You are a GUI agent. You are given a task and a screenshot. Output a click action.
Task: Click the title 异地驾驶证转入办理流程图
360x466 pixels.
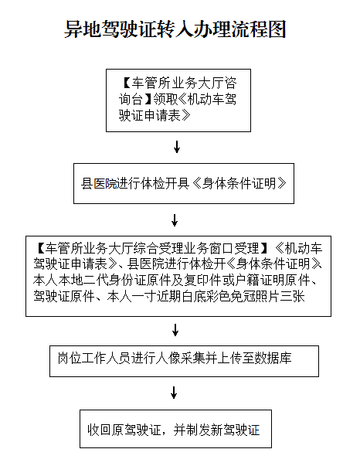pos(175,29)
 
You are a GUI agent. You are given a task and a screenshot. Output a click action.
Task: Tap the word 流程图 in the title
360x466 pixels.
pos(259,29)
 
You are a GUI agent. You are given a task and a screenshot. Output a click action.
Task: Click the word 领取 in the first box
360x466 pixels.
pos(166,99)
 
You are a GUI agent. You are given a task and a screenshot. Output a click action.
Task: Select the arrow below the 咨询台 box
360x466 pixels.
pos(177,147)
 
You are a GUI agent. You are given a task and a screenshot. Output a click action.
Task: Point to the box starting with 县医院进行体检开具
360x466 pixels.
pos(184,183)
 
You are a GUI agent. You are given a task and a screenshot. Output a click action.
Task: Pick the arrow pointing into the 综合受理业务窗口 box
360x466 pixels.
pos(175,220)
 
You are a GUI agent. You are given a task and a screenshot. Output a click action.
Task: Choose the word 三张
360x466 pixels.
pos(293,296)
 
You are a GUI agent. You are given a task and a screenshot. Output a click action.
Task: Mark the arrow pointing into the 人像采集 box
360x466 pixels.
pos(175,330)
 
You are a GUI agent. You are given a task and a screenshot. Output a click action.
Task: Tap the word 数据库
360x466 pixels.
pos(273,358)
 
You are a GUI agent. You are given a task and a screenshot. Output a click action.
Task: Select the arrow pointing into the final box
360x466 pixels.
pos(174,393)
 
